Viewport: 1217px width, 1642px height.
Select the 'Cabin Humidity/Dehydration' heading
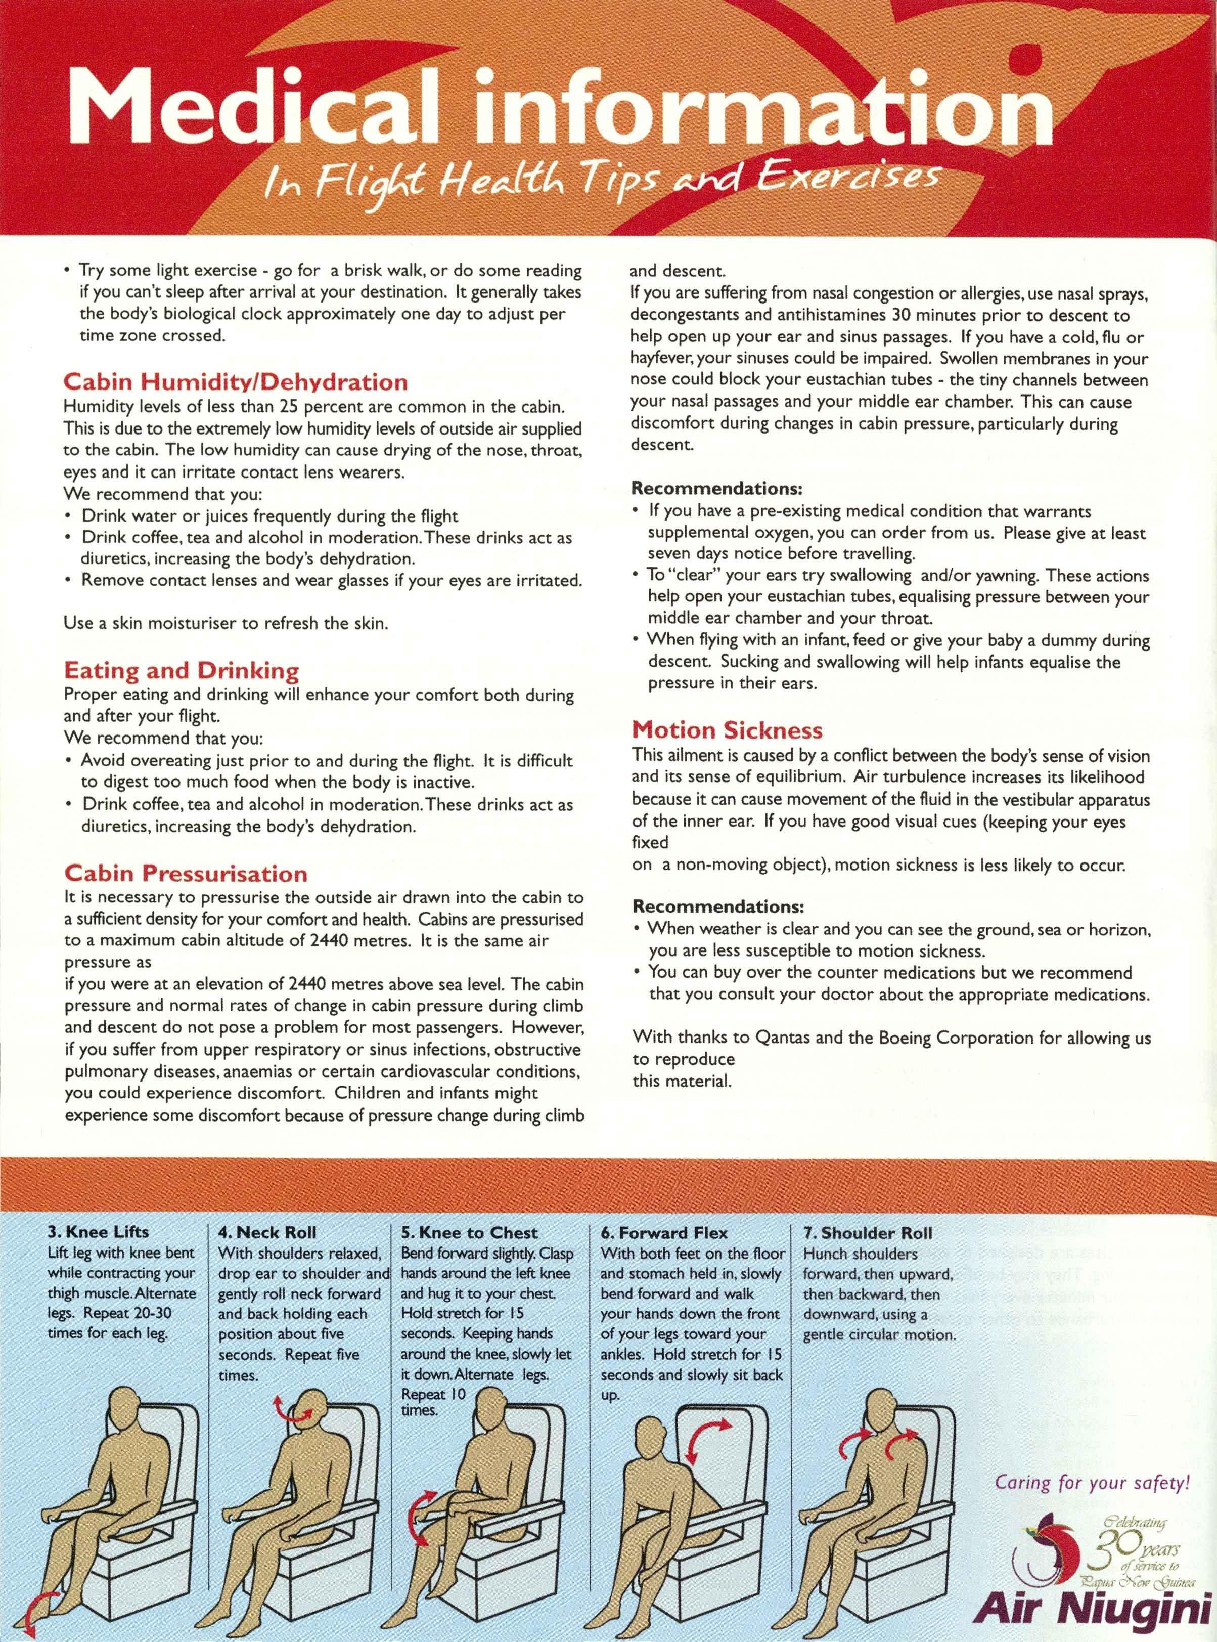236,382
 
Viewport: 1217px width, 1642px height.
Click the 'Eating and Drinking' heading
181,671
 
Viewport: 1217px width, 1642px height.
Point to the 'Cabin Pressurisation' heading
186,874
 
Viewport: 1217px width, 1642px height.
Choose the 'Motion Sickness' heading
727,730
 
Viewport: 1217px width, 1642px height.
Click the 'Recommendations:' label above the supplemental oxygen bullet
717,489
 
